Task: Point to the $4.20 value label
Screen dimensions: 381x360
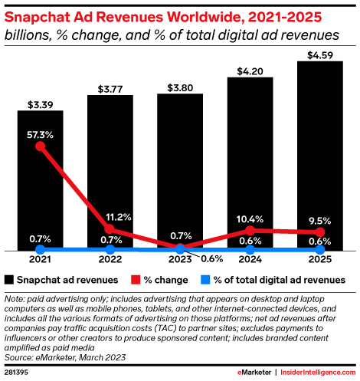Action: click(250, 70)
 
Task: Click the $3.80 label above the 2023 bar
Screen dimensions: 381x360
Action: click(179, 86)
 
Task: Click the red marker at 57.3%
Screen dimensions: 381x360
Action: click(41, 146)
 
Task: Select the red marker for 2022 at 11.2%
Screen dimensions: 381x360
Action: click(110, 229)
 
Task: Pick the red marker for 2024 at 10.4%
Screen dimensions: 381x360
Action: click(250, 230)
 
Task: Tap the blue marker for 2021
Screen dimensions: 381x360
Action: click(41, 250)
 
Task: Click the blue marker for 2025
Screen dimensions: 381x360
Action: click(319, 250)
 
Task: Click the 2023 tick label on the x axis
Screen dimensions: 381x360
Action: click(180, 261)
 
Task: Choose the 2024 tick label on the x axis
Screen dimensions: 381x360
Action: click(250, 261)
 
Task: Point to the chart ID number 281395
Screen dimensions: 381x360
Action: click(18, 372)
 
